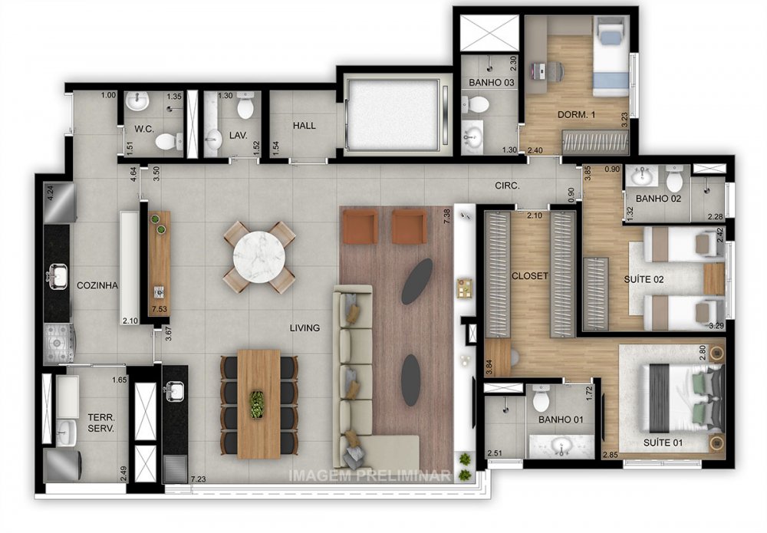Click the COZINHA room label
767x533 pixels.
point(97,285)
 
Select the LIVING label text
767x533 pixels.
point(304,328)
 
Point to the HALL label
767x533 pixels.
point(304,126)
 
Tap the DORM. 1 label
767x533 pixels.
point(576,115)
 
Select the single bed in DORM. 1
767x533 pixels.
point(611,58)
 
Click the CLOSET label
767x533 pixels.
point(530,275)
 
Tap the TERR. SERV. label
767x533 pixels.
point(100,423)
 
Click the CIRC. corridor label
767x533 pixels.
point(507,186)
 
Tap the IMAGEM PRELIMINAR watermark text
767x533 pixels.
point(368,475)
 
